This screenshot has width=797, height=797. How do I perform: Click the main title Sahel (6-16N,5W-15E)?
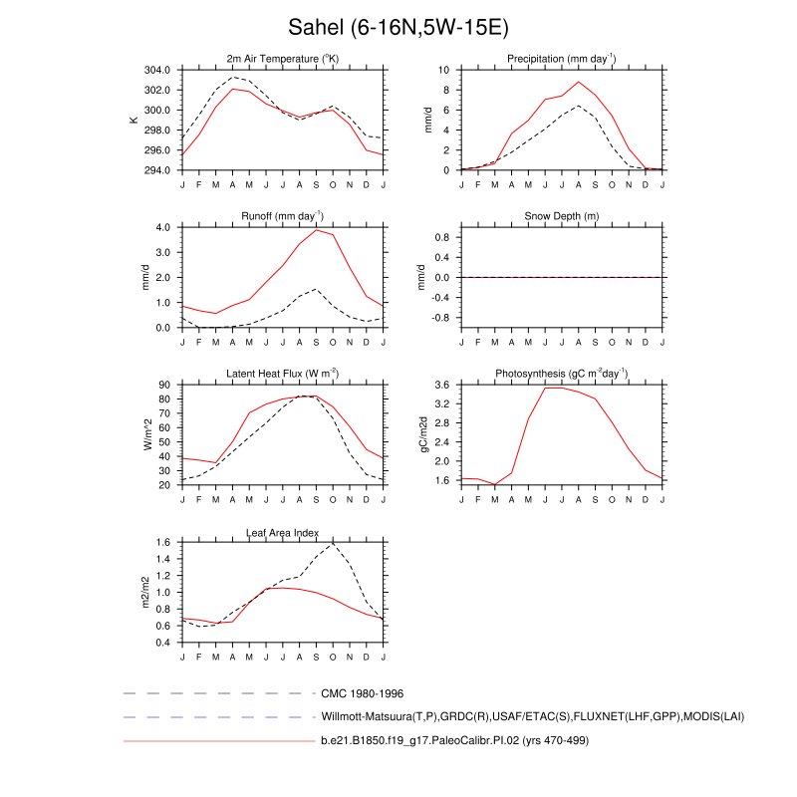(x=398, y=27)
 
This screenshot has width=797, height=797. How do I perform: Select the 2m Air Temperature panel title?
(x=283, y=59)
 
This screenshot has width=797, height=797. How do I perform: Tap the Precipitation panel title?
(x=562, y=59)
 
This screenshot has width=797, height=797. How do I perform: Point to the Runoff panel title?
(x=283, y=216)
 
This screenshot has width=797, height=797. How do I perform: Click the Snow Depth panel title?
(x=562, y=216)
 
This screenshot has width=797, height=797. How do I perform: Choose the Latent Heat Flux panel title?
(x=283, y=374)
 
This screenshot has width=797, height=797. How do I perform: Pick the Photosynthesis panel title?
(x=562, y=374)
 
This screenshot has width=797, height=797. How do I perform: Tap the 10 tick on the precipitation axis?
(x=445, y=70)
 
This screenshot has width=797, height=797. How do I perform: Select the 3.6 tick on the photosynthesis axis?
(x=444, y=385)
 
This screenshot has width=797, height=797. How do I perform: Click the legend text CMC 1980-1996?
(x=362, y=692)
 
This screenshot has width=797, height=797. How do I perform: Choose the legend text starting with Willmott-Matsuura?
(x=532, y=716)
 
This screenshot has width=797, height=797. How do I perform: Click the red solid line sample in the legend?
(x=218, y=741)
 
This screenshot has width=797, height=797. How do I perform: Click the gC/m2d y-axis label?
(x=425, y=434)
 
